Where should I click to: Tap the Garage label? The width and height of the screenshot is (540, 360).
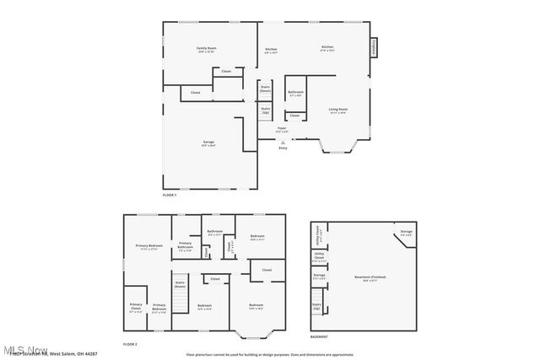pos(208,143)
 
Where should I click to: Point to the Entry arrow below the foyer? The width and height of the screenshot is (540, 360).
pos(282,142)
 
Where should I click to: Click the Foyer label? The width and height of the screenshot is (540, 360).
pos(282,130)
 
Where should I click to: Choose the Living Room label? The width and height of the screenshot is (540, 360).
pos(337,110)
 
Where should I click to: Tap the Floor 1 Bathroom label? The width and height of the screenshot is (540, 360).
pos(295,94)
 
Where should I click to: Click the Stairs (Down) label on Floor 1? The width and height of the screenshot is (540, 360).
pos(265,88)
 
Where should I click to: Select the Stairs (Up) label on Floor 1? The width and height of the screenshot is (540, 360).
pos(265,110)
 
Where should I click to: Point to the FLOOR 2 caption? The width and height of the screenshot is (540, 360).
pos(130,345)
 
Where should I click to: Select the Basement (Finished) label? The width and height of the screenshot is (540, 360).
pos(364,279)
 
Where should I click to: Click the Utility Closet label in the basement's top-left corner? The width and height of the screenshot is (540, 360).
pos(319,230)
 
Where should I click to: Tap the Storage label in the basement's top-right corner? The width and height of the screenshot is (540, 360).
pos(406,231)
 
